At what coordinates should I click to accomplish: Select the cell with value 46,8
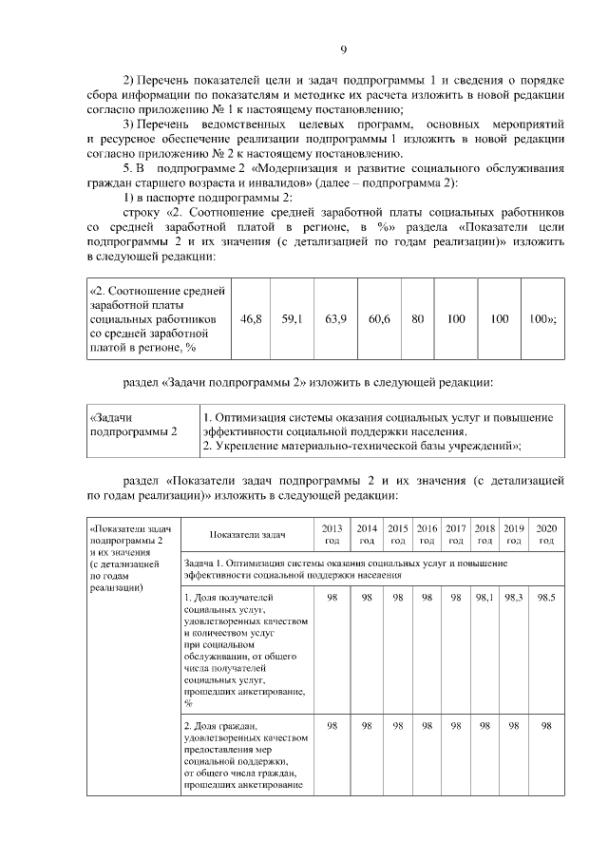252,319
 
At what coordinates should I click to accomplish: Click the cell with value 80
417,319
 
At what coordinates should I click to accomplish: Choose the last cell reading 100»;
543,319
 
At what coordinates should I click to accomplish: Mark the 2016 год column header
427,534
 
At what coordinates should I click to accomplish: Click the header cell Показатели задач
246,535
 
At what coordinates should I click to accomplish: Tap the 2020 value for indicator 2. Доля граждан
546,726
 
